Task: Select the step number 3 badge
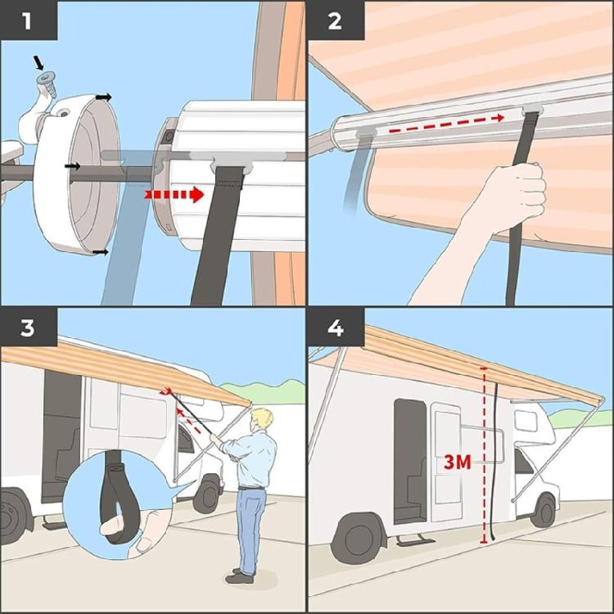(x=28, y=328)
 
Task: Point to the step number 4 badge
(x=334, y=328)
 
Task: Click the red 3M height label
(x=457, y=462)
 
